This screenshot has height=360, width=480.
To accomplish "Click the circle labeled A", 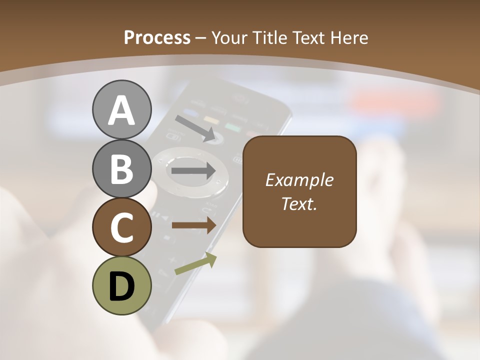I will click(121, 109).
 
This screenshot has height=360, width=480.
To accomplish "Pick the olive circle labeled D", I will click(121, 285).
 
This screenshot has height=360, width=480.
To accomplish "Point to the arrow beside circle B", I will click(193, 170).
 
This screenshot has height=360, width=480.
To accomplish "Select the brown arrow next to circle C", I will click(194, 225).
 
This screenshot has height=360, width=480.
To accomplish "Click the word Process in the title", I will click(157, 37).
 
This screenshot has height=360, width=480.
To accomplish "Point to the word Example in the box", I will click(299, 180).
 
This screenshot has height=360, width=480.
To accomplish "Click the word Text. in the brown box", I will click(299, 203).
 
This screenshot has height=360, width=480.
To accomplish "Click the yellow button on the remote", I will click(212, 120).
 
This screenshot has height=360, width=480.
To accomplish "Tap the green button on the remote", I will click(233, 127).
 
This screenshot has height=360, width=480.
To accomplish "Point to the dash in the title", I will click(201, 38).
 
